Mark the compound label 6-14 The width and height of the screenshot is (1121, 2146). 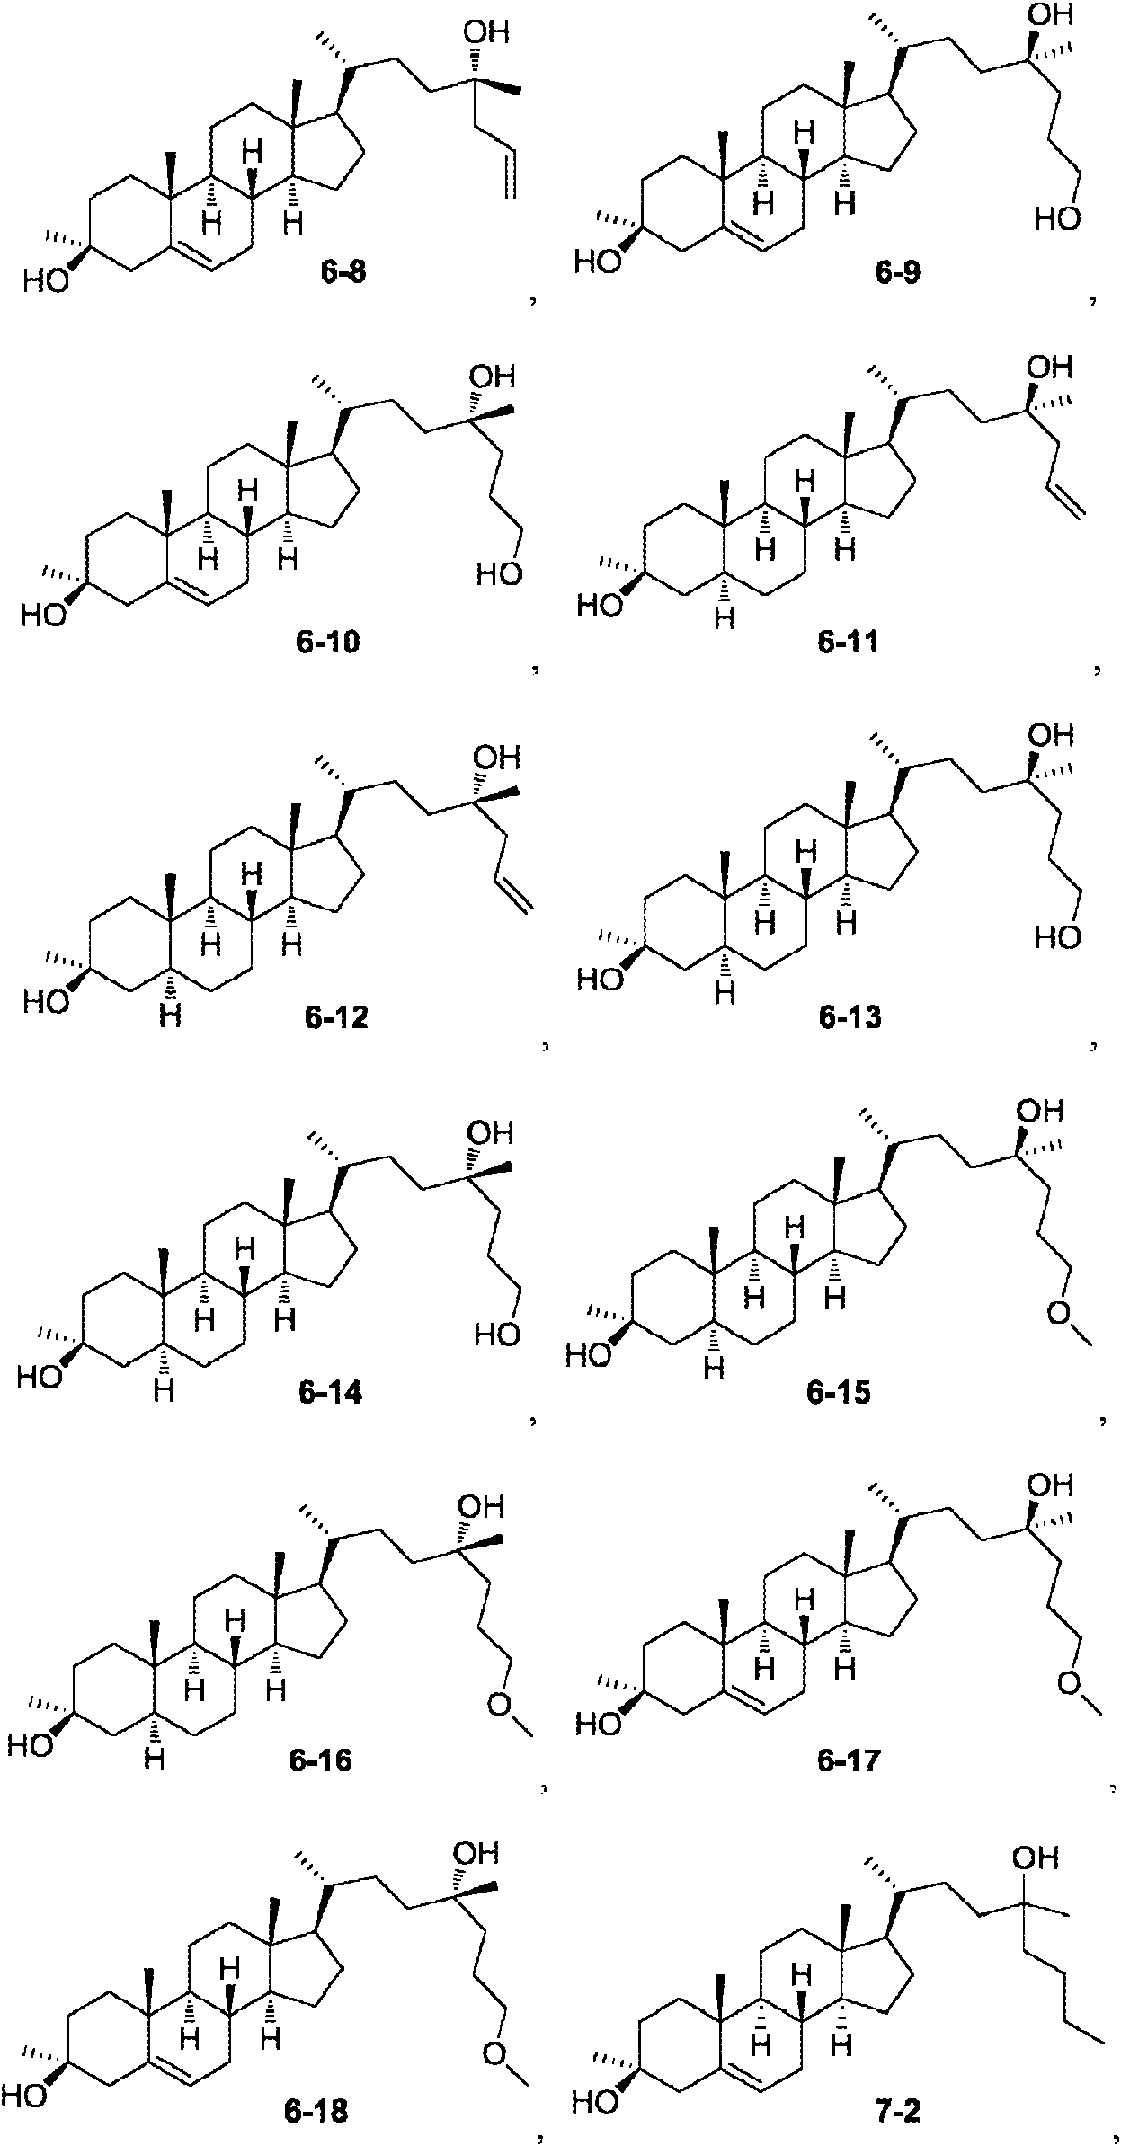330,1393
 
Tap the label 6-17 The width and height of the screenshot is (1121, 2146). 850,1760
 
